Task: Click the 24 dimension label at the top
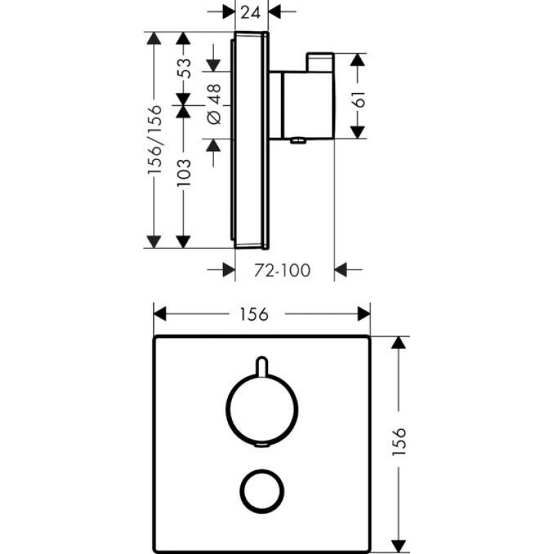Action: (x=251, y=13)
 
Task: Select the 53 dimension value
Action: (x=184, y=68)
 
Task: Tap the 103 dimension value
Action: (x=184, y=173)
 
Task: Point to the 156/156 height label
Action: (x=154, y=140)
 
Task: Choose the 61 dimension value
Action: (x=359, y=99)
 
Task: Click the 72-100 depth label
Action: (x=283, y=271)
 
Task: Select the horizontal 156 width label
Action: (x=254, y=314)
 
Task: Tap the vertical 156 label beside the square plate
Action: (x=400, y=441)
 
